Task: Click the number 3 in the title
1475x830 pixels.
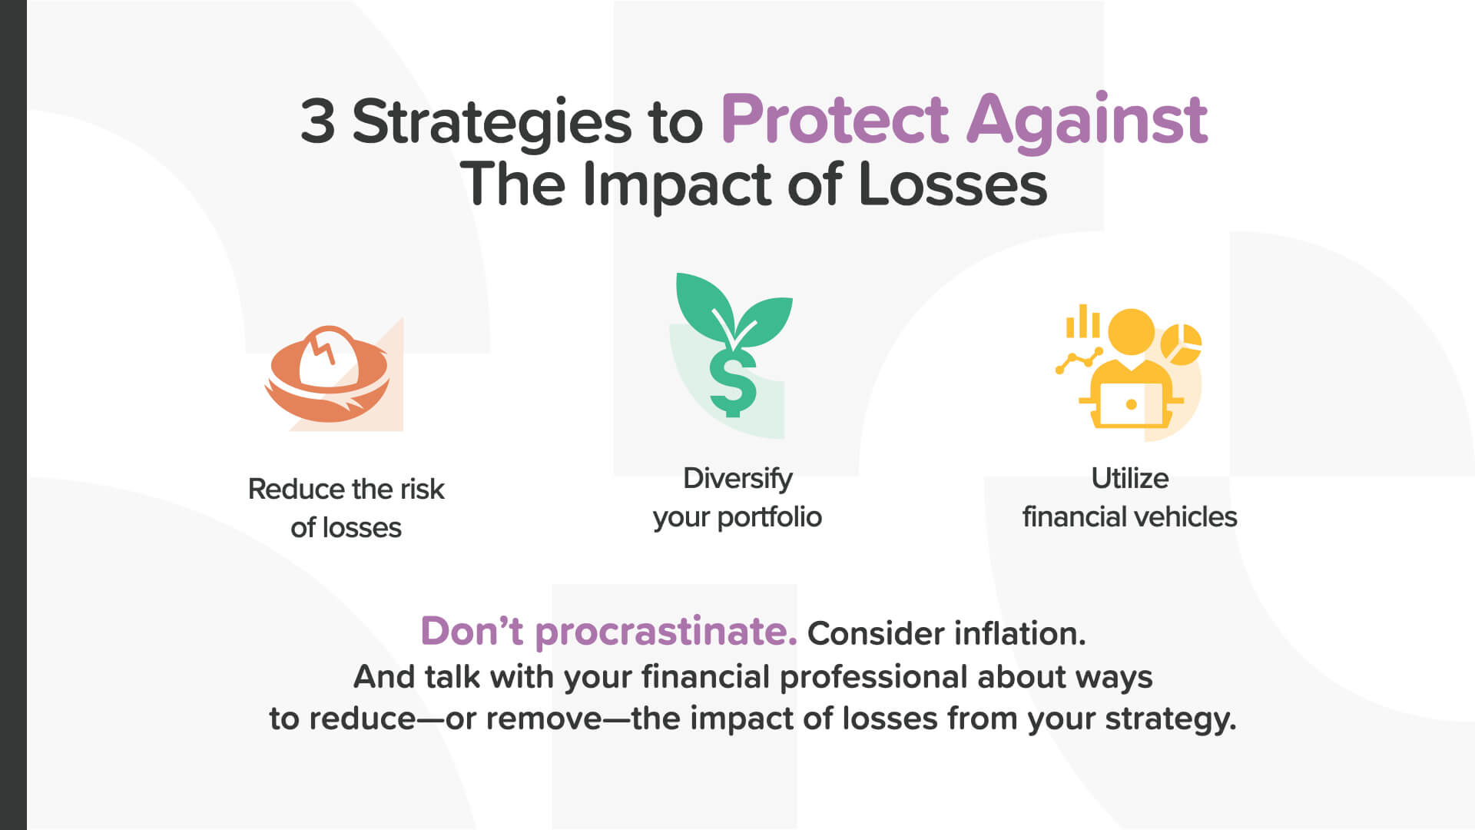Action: coord(317,121)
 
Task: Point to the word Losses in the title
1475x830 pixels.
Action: coord(953,184)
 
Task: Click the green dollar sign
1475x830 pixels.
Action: coord(732,382)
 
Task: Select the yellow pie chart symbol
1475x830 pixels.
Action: coord(1181,344)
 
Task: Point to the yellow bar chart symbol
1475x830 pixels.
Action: coord(1082,321)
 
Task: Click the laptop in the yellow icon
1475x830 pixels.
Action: coord(1130,405)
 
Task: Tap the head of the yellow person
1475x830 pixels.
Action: coord(1131,331)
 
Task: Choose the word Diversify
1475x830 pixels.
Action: coord(737,480)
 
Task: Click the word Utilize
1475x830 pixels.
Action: coord(1130,478)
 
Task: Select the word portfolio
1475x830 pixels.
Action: coord(769,517)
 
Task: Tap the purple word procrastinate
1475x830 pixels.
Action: coord(666,632)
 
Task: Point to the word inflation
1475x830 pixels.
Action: coord(1020,634)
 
